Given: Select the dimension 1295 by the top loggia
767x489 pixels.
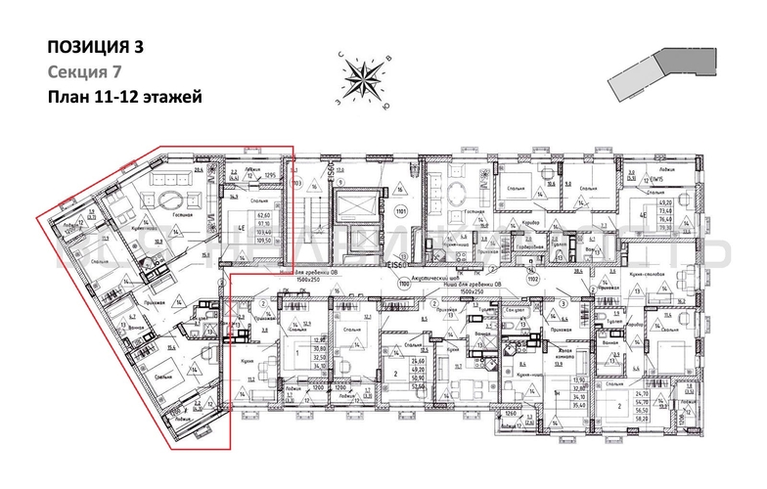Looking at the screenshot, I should (276, 175).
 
